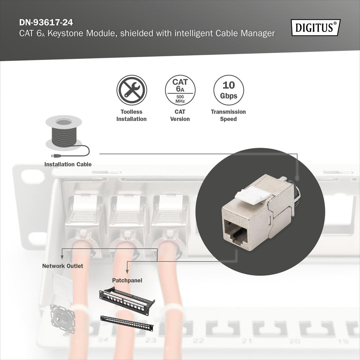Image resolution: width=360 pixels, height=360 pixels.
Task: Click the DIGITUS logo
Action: (x=316, y=27)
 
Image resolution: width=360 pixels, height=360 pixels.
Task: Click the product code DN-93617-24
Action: (x=46, y=23)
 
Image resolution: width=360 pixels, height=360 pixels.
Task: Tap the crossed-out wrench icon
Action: (x=132, y=90)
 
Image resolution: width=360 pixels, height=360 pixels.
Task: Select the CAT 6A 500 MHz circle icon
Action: (x=180, y=90)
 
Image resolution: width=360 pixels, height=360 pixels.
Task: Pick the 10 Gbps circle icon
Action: (x=228, y=90)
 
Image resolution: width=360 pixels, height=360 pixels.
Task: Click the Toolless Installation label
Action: (x=132, y=115)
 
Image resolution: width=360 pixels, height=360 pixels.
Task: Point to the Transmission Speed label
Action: (x=228, y=115)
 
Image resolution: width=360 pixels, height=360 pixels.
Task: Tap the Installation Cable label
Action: (x=68, y=164)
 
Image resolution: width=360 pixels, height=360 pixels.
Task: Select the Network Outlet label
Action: (x=63, y=266)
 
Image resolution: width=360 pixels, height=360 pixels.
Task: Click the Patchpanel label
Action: (x=127, y=281)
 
